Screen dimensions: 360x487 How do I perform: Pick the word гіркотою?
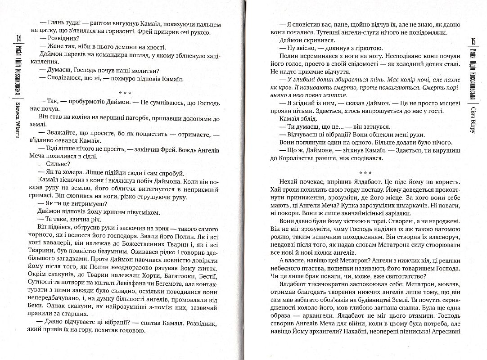tap(365, 48)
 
